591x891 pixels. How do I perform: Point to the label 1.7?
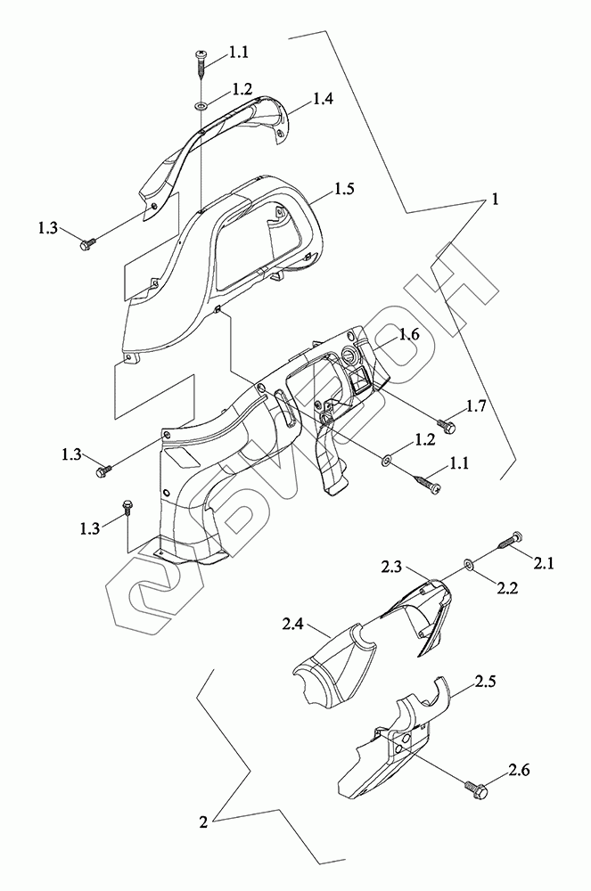point(475,407)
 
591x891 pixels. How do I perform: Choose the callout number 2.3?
point(393,566)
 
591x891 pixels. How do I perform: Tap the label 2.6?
point(521,768)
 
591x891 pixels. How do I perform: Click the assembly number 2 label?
point(204,823)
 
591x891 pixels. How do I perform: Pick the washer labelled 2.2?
point(468,564)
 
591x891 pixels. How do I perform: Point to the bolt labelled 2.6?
point(474,788)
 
